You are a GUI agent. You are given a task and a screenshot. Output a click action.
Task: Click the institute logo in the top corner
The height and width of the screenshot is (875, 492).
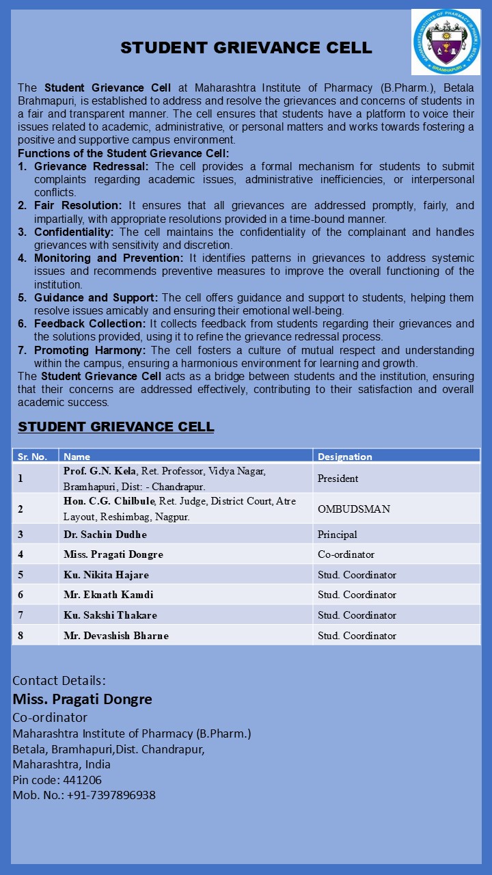[x=446, y=42]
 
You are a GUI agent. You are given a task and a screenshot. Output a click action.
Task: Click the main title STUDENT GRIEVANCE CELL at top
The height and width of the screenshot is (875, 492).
[x=246, y=48]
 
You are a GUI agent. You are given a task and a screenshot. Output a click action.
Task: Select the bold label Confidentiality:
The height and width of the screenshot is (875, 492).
[x=74, y=232]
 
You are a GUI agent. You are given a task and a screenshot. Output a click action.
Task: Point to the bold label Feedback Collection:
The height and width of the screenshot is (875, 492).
[x=90, y=323]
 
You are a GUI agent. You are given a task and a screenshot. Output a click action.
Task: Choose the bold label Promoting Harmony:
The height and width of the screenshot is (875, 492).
[x=90, y=350]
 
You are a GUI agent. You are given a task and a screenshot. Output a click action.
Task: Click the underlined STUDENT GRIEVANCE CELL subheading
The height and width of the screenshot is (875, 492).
[x=115, y=427]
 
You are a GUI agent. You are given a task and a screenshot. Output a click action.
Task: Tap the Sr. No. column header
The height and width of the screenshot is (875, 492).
[x=32, y=457]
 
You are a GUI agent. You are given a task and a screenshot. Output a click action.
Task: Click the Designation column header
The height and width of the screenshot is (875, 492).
[x=344, y=457]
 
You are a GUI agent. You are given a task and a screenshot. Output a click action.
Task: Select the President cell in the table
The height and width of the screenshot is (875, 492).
[x=338, y=479]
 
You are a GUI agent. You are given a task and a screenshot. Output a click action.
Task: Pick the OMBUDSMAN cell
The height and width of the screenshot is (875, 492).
[x=354, y=509]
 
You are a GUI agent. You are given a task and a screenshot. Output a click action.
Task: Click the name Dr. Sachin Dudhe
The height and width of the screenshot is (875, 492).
[x=105, y=535]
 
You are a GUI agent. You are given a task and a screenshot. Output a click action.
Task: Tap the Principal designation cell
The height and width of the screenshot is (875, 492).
[x=338, y=535]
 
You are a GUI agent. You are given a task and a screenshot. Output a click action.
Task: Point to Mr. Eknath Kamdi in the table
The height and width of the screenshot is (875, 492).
[x=109, y=595]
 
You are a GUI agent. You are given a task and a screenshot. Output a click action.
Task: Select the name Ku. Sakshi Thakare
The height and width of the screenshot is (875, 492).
[x=110, y=615]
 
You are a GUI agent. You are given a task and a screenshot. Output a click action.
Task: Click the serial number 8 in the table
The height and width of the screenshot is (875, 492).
[x=20, y=636]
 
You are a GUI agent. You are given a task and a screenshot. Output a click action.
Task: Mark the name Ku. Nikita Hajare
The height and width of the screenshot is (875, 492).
[x=106, y=575]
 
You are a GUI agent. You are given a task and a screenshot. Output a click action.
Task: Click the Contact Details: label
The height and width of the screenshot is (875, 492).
[x=59, y=681]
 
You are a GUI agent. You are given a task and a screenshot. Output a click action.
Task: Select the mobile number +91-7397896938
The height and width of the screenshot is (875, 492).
[x=111, y=795]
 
